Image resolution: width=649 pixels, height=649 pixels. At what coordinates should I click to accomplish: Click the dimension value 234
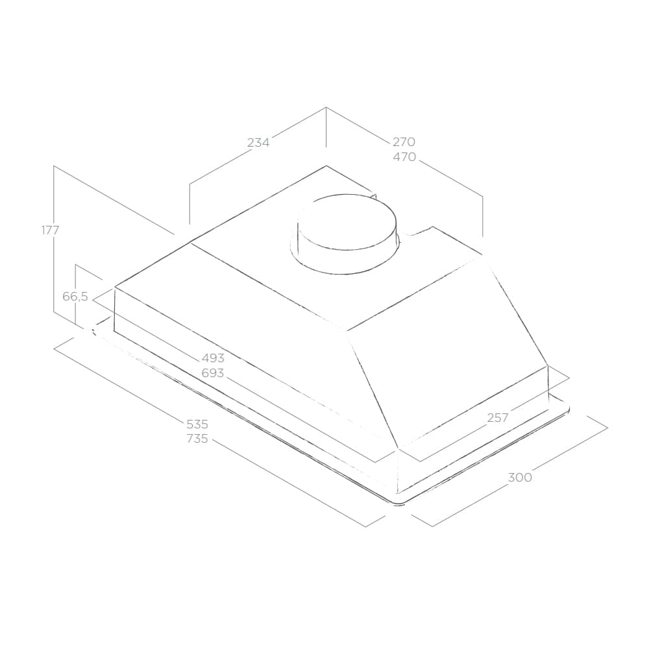258,142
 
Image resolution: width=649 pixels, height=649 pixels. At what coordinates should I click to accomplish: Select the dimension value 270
404,142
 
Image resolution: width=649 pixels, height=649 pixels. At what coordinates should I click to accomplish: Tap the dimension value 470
404,157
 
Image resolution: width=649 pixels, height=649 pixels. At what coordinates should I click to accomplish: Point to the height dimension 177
51,230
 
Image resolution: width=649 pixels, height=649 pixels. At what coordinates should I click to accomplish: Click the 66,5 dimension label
75,297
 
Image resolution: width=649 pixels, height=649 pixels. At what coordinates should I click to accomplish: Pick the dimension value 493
213,358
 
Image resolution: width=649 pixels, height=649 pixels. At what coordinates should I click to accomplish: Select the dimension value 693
213,373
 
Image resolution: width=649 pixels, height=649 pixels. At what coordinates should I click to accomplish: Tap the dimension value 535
197,424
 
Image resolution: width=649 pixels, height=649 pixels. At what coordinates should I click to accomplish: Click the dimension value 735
197,438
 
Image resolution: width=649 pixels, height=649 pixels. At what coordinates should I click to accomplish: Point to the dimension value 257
498,418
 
